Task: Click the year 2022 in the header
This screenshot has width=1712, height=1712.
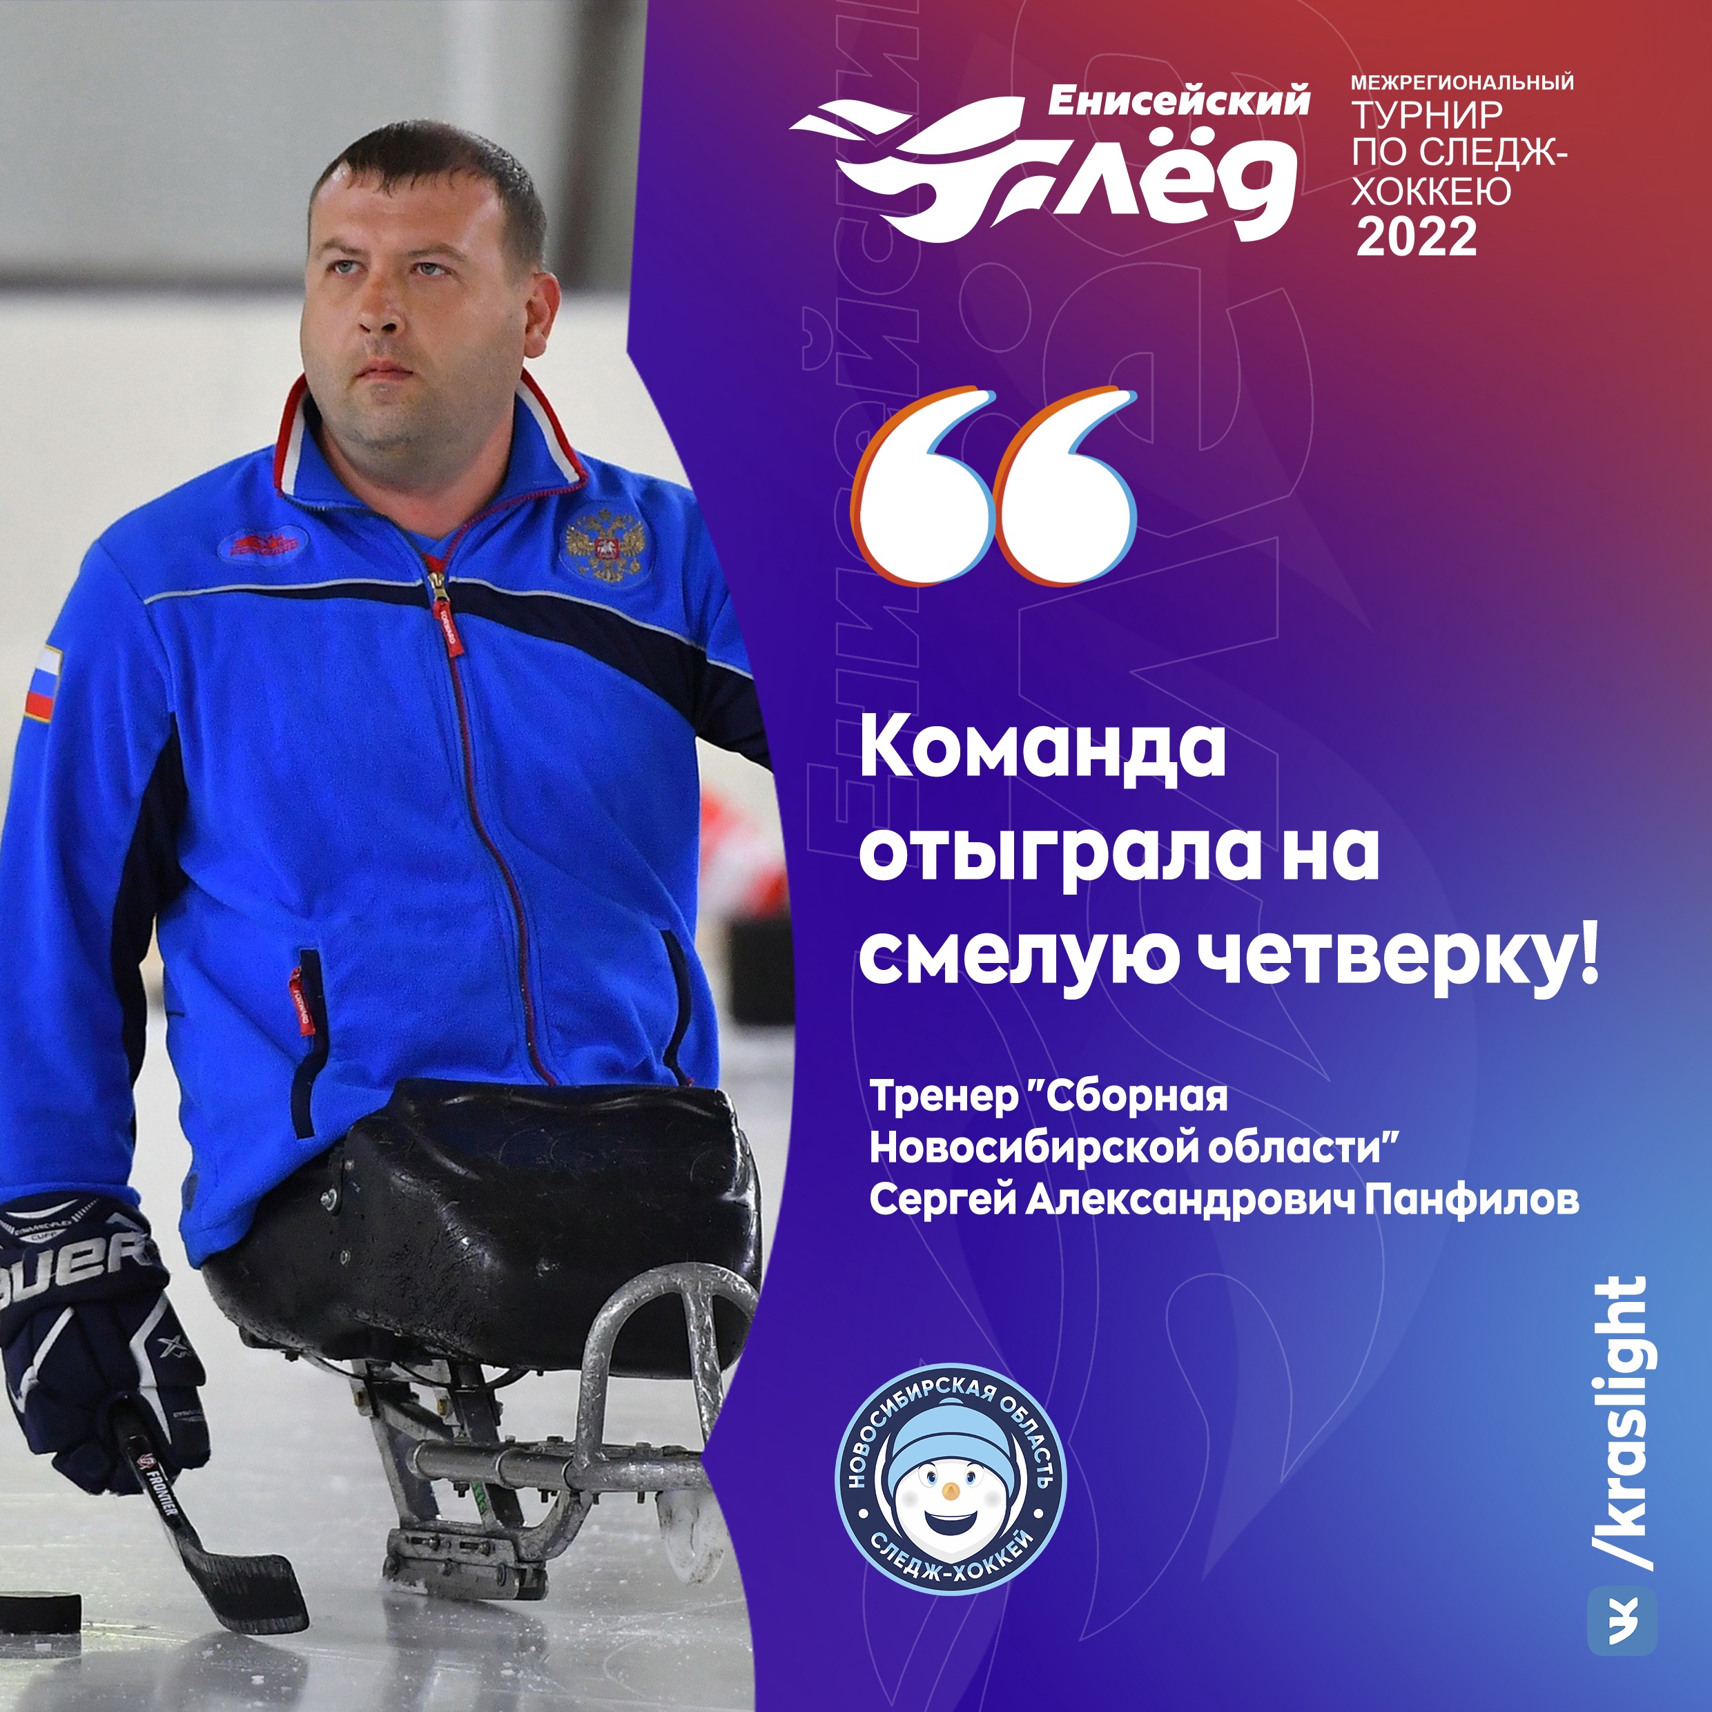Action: point(1417,237)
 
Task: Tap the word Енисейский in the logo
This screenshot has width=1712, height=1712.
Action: point(1178,101)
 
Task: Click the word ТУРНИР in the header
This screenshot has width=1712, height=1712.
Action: point(1427,115)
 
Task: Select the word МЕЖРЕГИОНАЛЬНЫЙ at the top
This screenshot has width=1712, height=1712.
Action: point(1462,82)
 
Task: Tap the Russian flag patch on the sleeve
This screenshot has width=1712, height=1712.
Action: point(41,682)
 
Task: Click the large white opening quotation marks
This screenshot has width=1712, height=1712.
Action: point(993,485)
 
